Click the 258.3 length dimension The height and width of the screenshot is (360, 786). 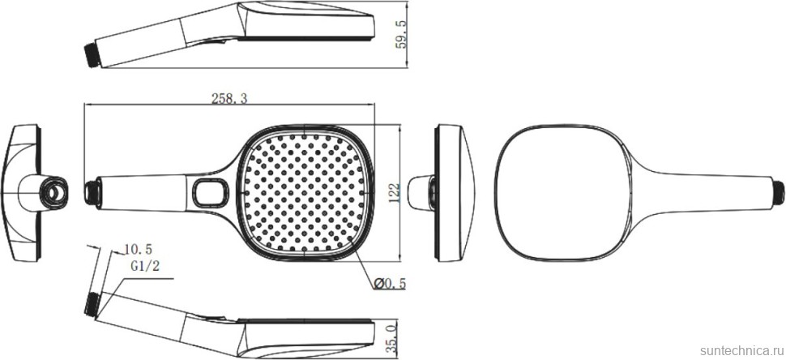pyautogui.click(x=229, y=99)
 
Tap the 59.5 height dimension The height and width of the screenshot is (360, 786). pyautogui.click(x=401, y=34)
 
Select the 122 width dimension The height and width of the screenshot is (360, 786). pyautogui.click(x=394, y=192)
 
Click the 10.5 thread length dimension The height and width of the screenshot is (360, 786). pyautogui.click(x=138, y=249)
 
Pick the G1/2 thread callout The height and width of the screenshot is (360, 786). pyautogui.click(x=145, y=266)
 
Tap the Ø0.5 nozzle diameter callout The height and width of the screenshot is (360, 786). pyautogui.click(x=390, y=284)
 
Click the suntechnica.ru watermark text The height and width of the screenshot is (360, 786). pyautogui.click(x=741, y=349)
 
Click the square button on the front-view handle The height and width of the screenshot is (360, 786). pyautogui.click(x=211, y=192)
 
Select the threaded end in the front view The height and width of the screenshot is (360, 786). pyautogui.click(x=91, y=192)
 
